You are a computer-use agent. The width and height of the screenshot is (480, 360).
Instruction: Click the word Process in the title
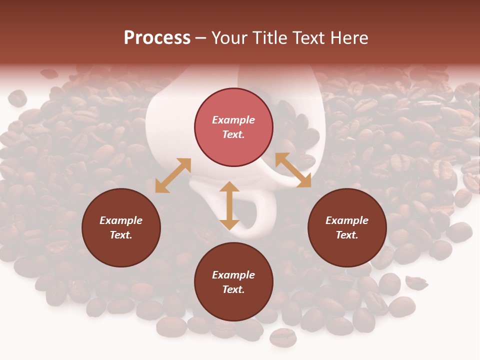[x=157, y=38]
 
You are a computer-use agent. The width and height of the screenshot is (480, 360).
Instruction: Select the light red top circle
[x=233, y=127]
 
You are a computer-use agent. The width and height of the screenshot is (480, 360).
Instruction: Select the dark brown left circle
[x=121, y=228]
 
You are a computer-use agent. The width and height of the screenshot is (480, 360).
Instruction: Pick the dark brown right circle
[x=347, y=228]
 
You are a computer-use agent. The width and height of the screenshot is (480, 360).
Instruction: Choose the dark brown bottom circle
[x=233, y=282]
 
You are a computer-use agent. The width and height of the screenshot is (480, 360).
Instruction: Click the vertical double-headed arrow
[x=229, y=205]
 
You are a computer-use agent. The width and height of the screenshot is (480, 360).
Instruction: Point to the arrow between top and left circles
[x=173, y=175]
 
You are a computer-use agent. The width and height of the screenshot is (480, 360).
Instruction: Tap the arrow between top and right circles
[x=293, y=170]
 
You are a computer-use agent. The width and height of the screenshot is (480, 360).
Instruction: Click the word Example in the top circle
[x=233, y=120]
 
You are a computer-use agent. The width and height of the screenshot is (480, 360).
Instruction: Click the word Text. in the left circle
[x=121, y=235]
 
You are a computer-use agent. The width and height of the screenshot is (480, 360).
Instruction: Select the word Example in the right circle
[x=347, y=220]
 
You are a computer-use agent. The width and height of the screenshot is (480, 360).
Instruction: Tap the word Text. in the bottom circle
[x=233, y=290]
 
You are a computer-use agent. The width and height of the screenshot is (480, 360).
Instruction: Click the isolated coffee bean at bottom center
[x=282, y=337]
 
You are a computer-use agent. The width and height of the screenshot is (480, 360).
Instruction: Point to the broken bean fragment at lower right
[x=416, y=283]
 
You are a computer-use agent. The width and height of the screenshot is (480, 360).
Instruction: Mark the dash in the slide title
[x=201, y=38]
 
